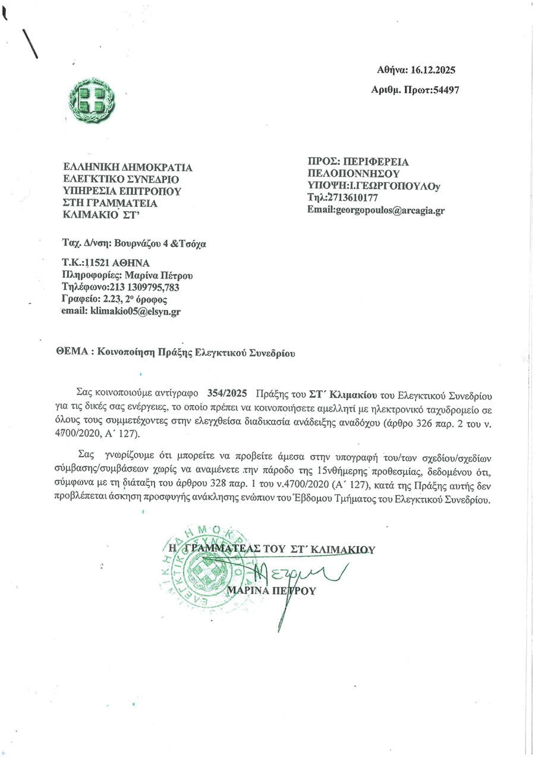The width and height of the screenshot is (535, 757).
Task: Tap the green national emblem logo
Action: (x=92, y=100)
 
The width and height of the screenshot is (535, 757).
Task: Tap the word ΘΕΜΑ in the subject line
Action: (x=71, y=352)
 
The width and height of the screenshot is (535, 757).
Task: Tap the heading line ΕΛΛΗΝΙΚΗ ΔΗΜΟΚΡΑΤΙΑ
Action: (x=128, y=168)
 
